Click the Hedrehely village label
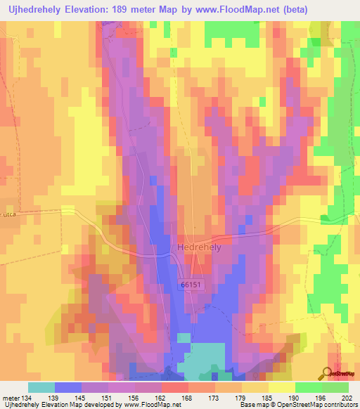pos(199,249)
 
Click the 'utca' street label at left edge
pos(8,211)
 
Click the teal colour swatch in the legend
pos(41,387)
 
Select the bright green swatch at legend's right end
pos(335,387)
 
